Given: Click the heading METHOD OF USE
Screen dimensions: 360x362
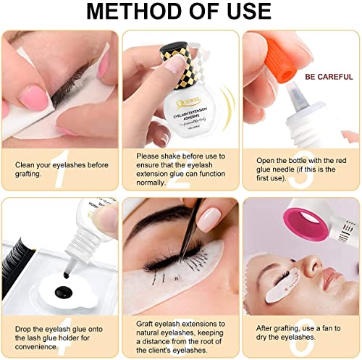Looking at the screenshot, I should point(180,13).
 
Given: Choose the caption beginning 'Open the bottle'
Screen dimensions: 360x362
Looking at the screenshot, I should point(300,169).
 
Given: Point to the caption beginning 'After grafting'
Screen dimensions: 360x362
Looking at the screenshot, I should point(300,330).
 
